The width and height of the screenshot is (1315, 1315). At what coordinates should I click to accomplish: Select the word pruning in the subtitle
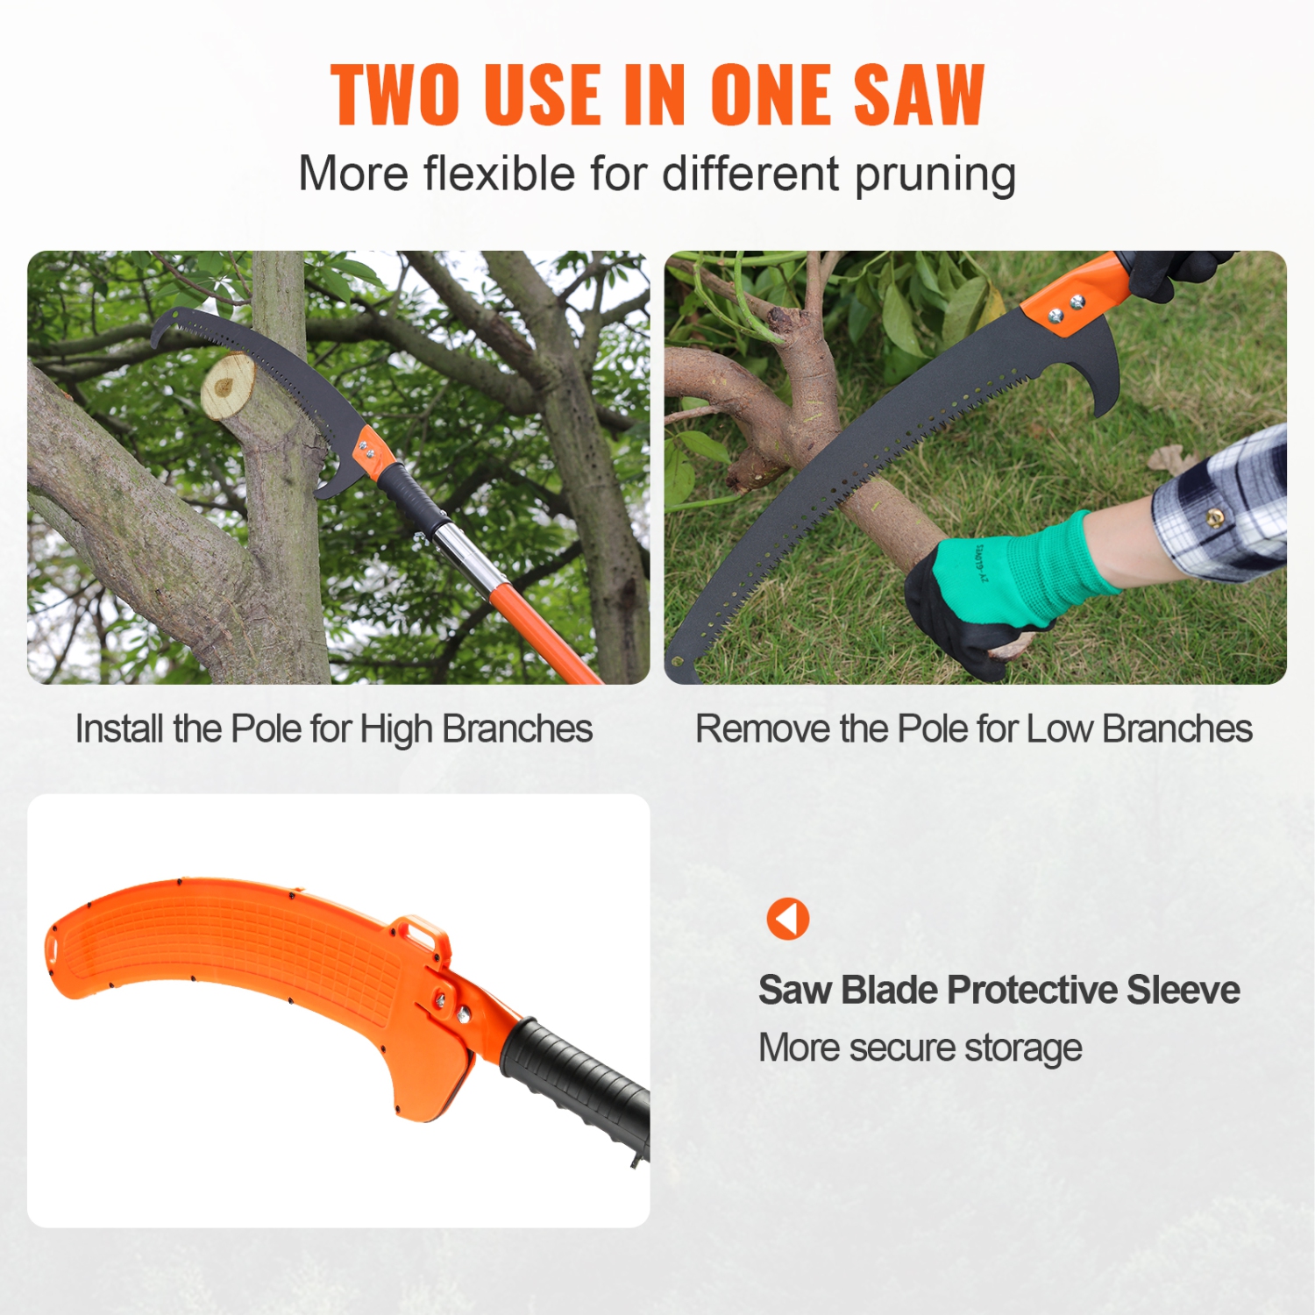935,174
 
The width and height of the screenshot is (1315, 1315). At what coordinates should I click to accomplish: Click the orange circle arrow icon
787,919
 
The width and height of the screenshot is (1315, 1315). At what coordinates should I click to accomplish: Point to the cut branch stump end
227,386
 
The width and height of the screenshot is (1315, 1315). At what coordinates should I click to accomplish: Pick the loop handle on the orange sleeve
419,935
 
